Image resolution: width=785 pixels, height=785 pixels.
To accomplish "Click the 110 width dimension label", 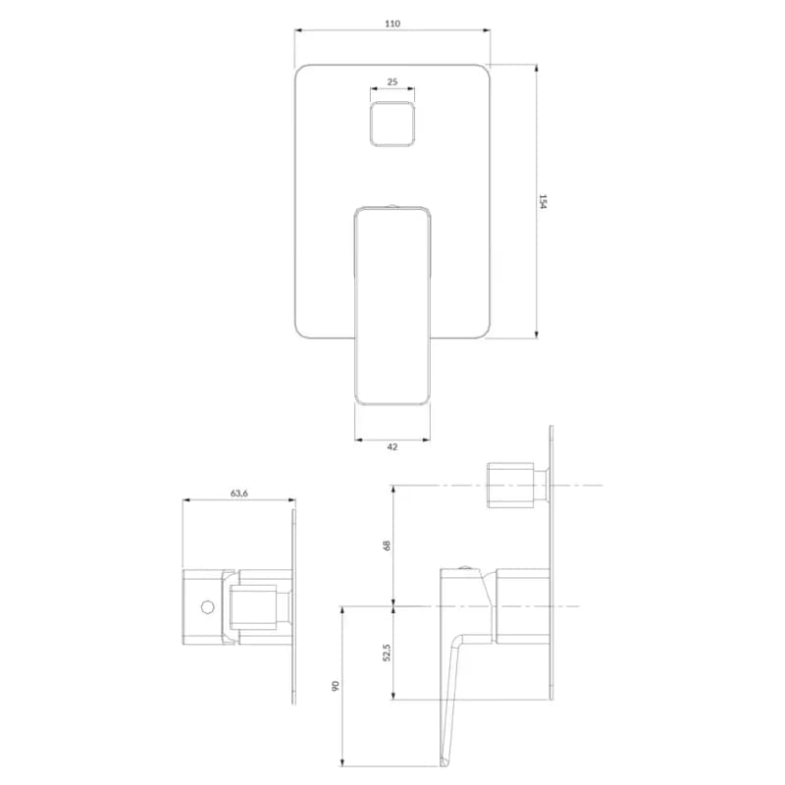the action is (x=392, y=24).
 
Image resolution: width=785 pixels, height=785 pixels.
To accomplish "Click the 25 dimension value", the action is (x=392, y=81).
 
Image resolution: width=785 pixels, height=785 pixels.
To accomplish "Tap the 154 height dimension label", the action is (x=544, y=201).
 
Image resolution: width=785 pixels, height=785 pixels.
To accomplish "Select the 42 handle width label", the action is (x=392, y=446).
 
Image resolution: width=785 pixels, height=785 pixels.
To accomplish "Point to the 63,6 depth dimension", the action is (x=238, y=494).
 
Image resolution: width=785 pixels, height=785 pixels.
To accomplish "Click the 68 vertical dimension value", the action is (x=387, y=546).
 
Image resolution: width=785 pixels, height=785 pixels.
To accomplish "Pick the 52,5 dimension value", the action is (x=387, y=653).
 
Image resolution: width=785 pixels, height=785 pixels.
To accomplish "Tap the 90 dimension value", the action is (x=336, y=686).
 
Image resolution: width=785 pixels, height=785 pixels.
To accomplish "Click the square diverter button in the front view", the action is (x=392, y=125).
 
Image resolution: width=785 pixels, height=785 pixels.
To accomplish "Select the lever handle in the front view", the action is (x=392, y=305).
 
